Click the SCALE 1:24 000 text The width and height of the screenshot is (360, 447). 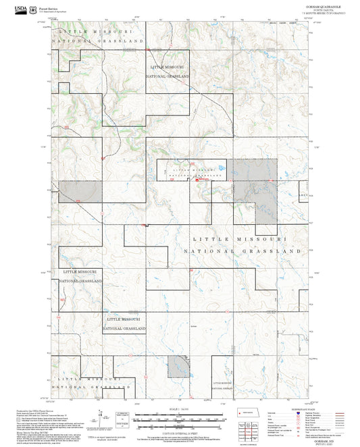(180, 411)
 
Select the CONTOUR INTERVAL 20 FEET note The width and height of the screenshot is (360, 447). (180, 430)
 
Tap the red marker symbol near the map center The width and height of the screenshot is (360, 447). (197, 180)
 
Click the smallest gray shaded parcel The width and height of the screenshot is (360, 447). (178, 366)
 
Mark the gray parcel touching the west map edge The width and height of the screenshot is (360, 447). (81, 190)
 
